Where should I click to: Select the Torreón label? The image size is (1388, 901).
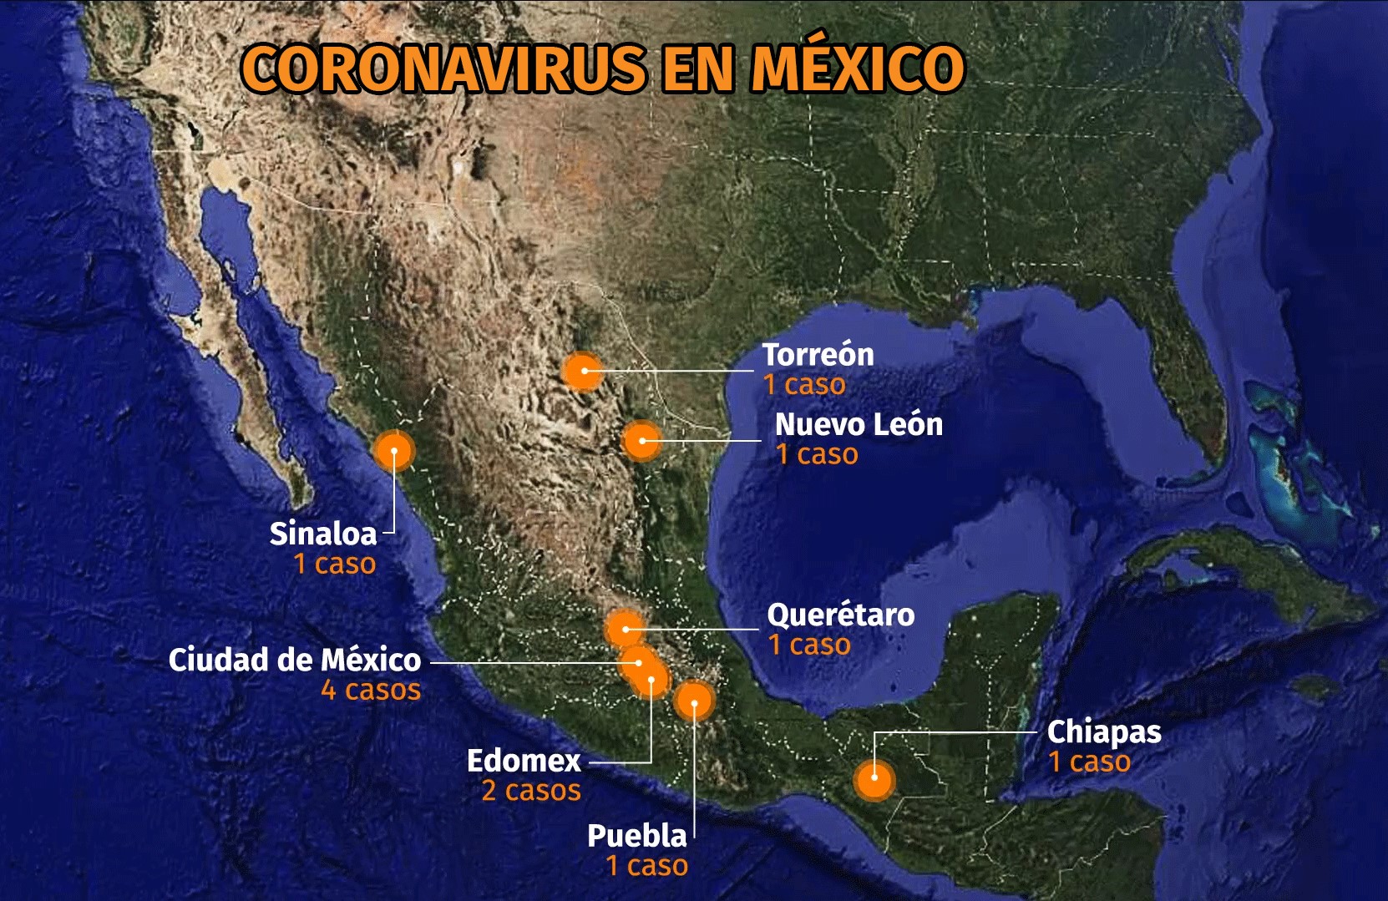click(818, 355)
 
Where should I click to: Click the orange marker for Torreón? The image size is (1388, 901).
click(583, 371)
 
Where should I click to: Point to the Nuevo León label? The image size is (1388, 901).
click(859, 424)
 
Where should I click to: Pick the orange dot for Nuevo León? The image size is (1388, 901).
click(641, 440)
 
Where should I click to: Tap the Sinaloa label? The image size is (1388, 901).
click(323, 534)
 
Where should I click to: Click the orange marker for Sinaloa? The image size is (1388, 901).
click(394, 451)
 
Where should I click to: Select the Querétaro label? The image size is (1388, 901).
click(840, 615)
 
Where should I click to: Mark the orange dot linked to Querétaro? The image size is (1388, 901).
click(624, 629)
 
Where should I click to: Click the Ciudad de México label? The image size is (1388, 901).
click(295, 660)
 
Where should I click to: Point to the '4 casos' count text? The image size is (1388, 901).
click(371, 691)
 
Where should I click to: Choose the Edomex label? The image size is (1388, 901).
click(524, 761)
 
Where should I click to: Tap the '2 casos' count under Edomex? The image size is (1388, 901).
click(531, 791)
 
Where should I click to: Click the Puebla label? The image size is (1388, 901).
click(636, 836)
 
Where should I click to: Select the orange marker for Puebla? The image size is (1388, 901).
click(694, 701)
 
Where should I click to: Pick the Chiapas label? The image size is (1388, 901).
click(1104, 732)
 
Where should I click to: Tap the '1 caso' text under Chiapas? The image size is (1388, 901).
click(1090, 762)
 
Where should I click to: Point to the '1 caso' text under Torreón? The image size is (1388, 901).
click(804, 385)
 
